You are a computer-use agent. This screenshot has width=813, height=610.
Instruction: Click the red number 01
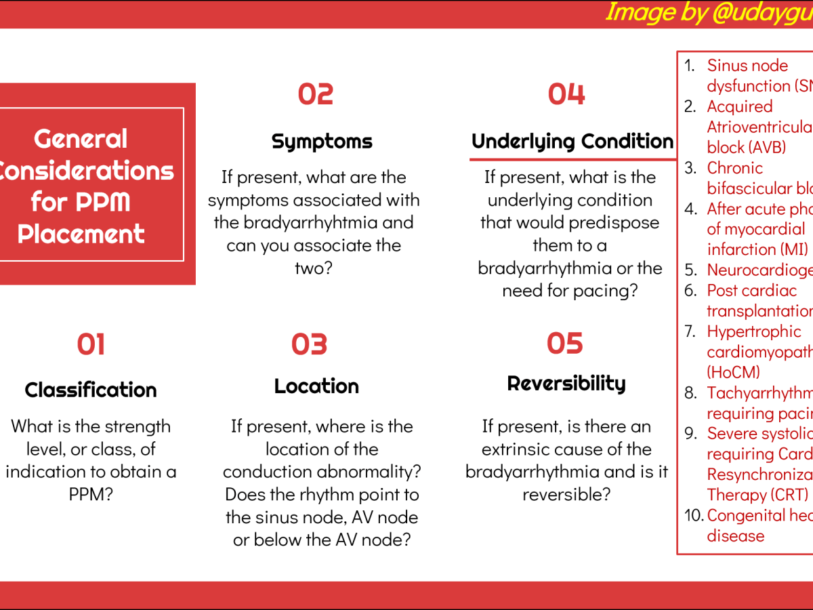pyautogui.click(x=91, y=344)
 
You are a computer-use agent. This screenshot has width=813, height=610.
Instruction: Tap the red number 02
pyautogui.click(x=316, y=94)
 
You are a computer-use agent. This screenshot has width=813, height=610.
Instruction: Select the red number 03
pyautogui.click(x=310, y=344)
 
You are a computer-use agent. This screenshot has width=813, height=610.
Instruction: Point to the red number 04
pyautogui.click(x=566, y=94)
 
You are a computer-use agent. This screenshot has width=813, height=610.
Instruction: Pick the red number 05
pyautogui.click(x=565, y=344)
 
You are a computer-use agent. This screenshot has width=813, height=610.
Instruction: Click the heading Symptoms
pyautogui.click(x=322, y=141)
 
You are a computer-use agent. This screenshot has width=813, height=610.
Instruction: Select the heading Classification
pyautogui.click(x=91, y=390)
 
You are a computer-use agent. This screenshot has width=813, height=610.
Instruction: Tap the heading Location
pyautogui.click(x=316, y=386)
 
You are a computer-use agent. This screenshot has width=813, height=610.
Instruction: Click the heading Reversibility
pyautogui.click(x=566, y=384)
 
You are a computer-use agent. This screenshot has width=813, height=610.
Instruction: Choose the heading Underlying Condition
pyautogui.click(x=572, y=141)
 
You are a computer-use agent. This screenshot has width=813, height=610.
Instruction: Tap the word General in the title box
pyautogui.click(x=81, y=139)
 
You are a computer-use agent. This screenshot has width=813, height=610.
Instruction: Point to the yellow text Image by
pyautogui.click(x=648, y=12)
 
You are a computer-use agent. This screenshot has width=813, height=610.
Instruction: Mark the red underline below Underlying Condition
pyautogui.click(x=572, y=160)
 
